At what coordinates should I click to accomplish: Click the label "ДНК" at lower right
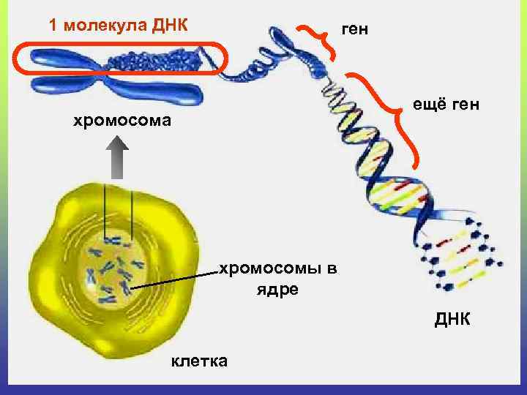click(x=454, y=320)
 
